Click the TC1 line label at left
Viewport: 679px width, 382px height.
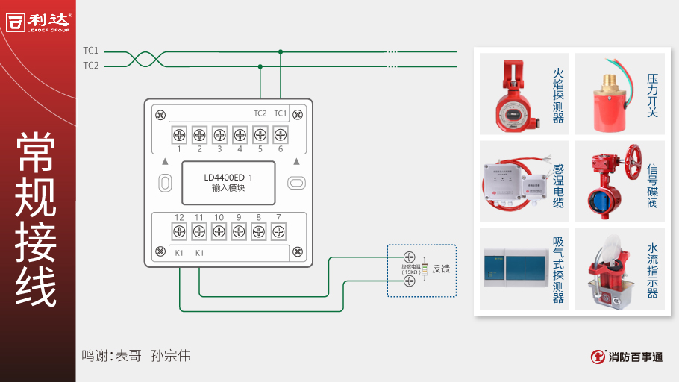click(x=90, y=51)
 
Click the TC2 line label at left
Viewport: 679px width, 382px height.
click(x=90, y=66)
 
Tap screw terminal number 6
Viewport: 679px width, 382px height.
click(x=280, y=135)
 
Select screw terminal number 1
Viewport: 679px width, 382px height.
click(x=179, y=135)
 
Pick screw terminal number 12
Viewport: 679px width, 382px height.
click(x=179, y=231)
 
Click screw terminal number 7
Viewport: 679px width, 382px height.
click(x=278, y=231)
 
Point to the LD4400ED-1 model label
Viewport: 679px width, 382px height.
click(x=228, y=178)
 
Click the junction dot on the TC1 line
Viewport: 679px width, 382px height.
click(x=280, y=51)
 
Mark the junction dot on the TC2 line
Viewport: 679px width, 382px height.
click(x=260, y=66)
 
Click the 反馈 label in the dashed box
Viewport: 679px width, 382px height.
click(x=441, y=269)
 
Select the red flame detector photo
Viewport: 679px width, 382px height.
click(x=513, y=93)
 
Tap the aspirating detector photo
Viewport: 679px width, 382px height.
click(x=513, y=269)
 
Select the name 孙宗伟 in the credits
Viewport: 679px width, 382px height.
click(x=170, y=356)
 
